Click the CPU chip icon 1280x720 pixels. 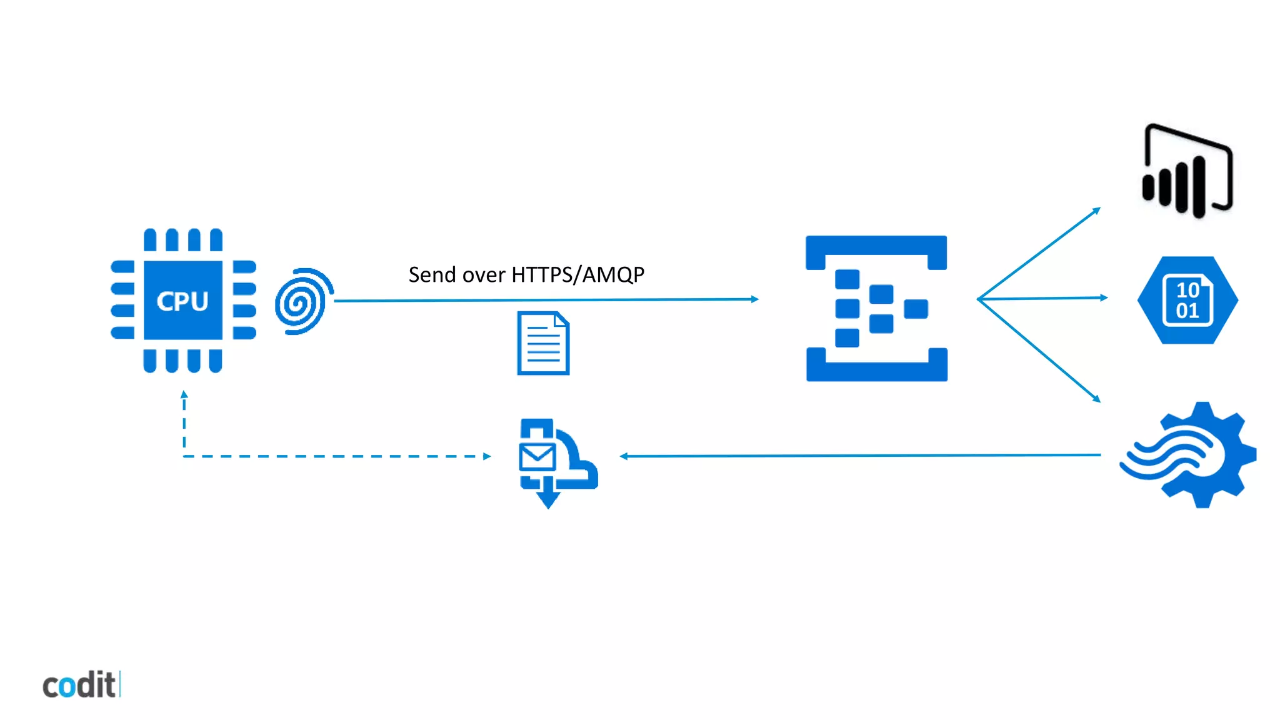point(182,301)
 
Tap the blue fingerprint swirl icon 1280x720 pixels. point(304,301)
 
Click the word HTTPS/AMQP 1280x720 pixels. point(577,274)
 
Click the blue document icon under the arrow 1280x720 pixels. point(543,343)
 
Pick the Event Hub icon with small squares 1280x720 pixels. point(876,308)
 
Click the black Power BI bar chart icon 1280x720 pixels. point(1186,172)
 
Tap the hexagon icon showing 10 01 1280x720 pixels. point(1187,300)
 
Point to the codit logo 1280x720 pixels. point(80,685)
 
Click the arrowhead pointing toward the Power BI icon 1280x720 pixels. point(1096,211)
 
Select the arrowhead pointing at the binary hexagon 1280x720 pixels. point(1104,297)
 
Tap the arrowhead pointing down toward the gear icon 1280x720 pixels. point(1096,399)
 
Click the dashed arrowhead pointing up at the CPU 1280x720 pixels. point(184,395)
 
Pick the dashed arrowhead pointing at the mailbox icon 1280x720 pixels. point(487,456)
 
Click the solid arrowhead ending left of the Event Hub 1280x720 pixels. point(754,299)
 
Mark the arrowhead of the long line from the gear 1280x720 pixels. point(624,456)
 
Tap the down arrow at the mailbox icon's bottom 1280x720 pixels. point(548,499)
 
